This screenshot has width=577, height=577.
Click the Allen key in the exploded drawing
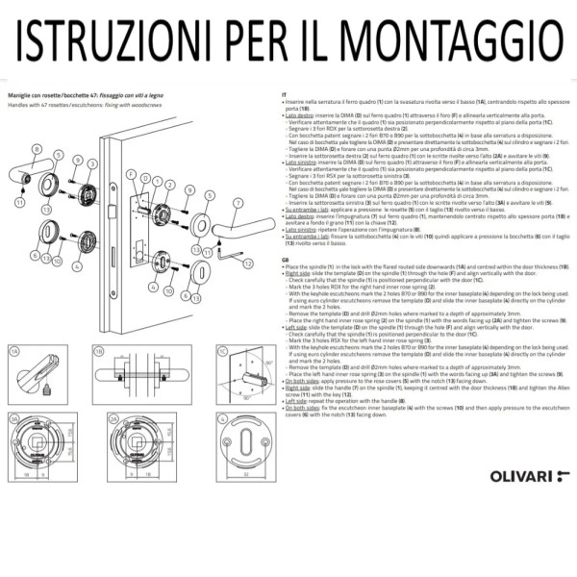228,253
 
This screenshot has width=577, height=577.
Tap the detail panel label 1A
13,379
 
